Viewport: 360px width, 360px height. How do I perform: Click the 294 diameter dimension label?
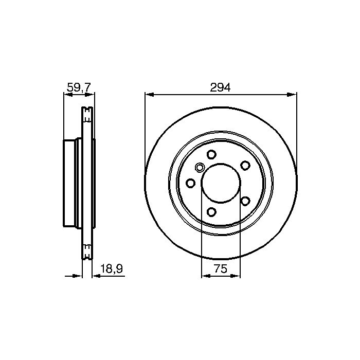[x=220, y=87]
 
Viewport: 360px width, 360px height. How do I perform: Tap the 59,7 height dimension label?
[x=79, y=87]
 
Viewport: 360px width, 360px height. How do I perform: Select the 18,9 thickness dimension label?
[x=112, y=268]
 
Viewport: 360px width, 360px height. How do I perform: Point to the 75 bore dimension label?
[x=221, y=268]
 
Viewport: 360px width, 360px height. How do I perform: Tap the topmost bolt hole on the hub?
[x=211, y=154]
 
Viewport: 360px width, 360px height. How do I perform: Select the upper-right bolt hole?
[x=245, y=165]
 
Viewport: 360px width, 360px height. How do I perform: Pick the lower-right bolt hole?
[x=245, y=201]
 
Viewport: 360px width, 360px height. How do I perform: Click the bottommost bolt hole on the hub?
[x=211, y=212]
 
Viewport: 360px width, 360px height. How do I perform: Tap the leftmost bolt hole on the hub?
[x=190, y=183]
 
